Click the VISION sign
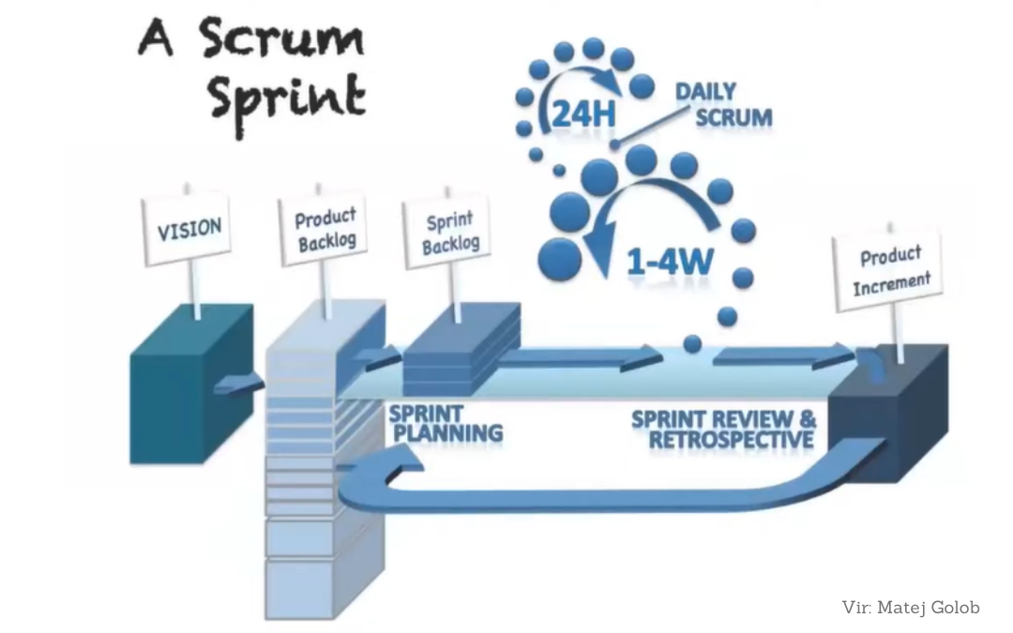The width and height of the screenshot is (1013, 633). [189, 229]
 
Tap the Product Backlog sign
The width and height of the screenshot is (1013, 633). [325, 231]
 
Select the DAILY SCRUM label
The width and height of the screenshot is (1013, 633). [723, 105]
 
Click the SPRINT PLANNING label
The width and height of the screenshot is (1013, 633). [445, 424]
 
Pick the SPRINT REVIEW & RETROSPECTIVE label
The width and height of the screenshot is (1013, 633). [723, 428]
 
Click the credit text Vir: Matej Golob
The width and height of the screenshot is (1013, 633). [911, 608]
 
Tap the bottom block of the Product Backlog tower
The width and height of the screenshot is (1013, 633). [314, 586]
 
